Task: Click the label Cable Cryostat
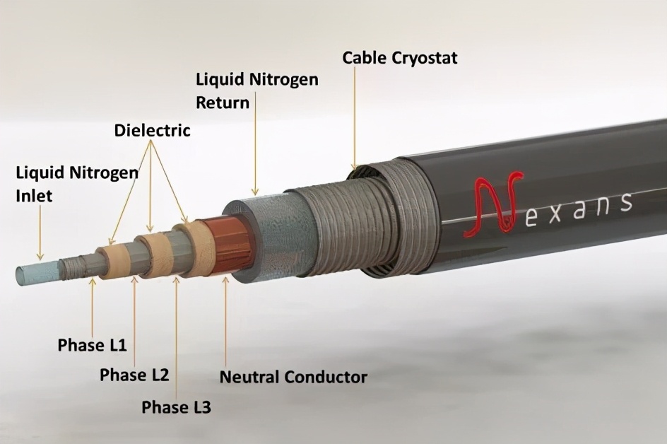[399, 58]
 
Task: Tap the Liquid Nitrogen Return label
[257, 91]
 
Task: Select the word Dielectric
[152, 131]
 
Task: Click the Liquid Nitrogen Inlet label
[77, 185]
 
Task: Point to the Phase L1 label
[93, 345]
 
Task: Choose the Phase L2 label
[134, 375]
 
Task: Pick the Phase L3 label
[176, 407]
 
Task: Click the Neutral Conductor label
[293, 377]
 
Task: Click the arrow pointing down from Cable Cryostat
[354, 117]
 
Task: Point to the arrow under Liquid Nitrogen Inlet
[40, 233]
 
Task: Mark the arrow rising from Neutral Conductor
[225, 322]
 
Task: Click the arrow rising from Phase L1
[93, 307]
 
